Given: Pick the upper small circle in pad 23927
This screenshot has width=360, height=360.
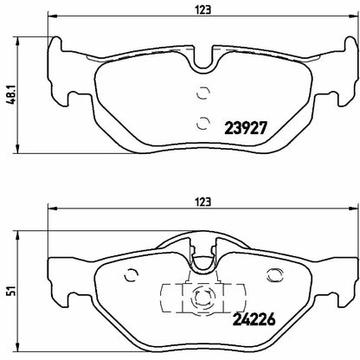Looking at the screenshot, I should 203,95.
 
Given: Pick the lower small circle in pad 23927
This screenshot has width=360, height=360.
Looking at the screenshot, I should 203,121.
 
